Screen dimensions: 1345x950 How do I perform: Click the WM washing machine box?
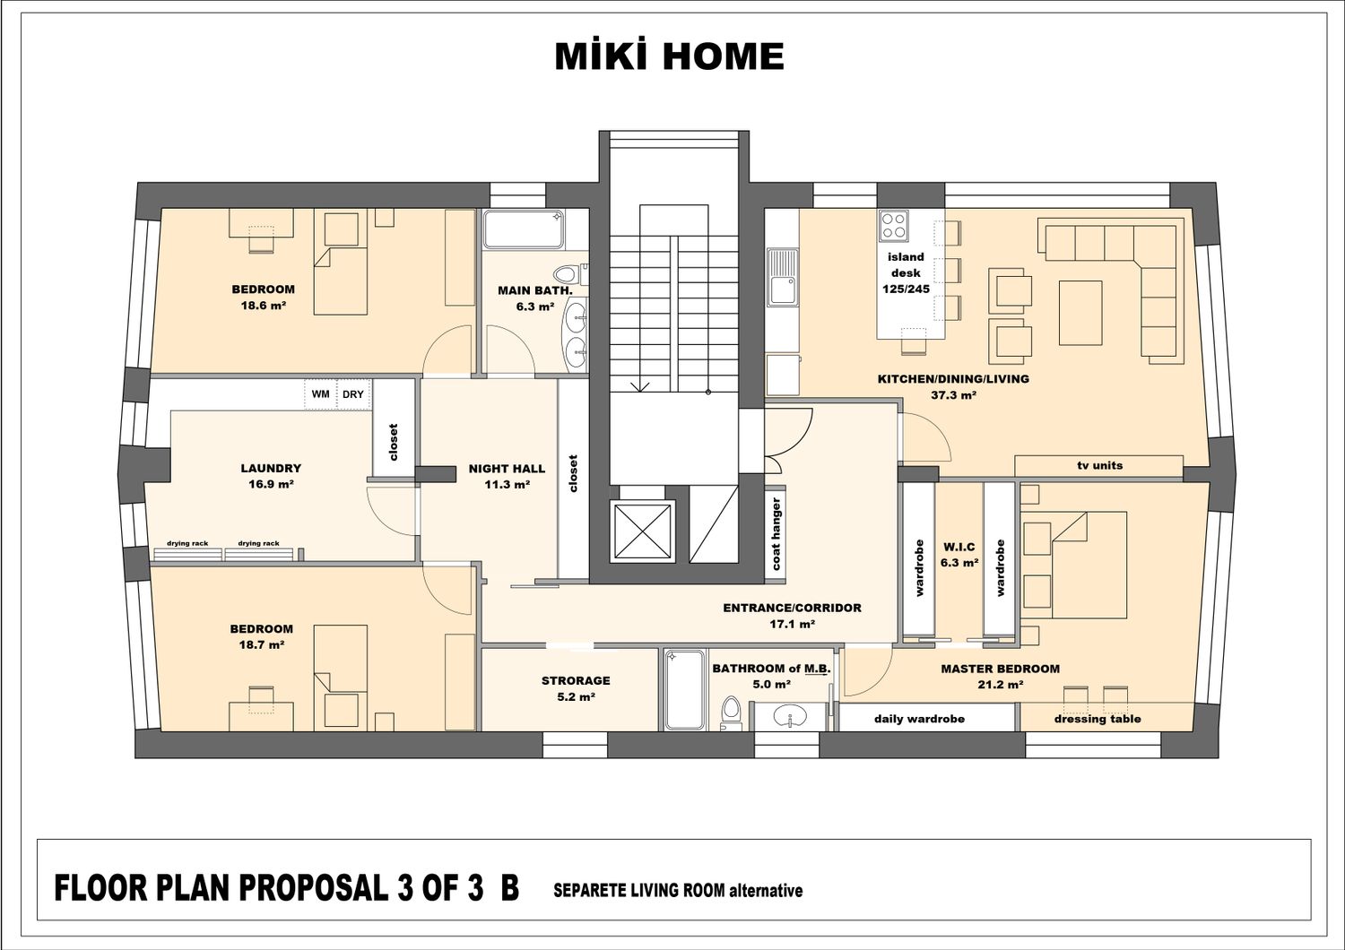[x=321, y=394]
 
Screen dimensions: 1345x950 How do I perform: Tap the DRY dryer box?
[x=353, y=394]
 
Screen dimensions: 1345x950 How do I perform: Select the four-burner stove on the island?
[x=893, y=226]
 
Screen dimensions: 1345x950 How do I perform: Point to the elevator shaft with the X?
[x=643, y=531]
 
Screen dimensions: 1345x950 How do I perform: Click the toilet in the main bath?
[x=570, y=275]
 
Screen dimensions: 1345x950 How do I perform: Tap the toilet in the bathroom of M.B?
[x=732, y=713]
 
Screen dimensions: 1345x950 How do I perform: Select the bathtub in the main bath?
[x=524, y=229]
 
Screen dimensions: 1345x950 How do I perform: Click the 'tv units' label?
[x=1099, y=465]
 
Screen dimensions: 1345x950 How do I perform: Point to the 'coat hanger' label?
[x=776, y=534]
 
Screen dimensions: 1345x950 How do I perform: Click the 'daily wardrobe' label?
[x=919, y=719]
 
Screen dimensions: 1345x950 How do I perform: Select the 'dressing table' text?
[x=1098, y=719]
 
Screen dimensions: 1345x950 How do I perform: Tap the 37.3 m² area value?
[x=953, y=395]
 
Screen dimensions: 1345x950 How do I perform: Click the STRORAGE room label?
[x=576, y=680]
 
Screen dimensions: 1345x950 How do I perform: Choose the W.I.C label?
[x=959, y=547]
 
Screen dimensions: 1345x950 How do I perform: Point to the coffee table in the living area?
[x=1080, y=313]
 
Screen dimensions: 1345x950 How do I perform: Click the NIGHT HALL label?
[x=507, y=469]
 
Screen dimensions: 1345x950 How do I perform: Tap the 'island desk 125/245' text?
[x=906, y=273]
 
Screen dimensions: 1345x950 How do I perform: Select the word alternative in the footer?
[x=766, y=891]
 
